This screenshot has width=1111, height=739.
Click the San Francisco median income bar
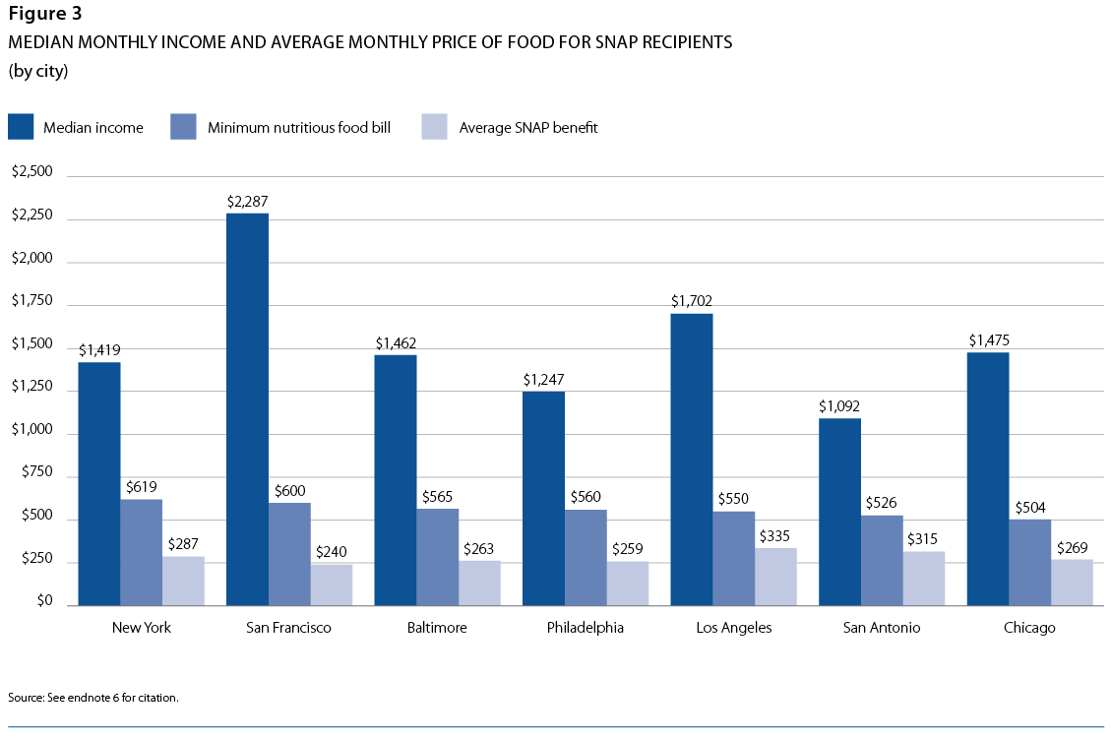[x=247, y=408]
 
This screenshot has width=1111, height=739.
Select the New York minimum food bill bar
[x=142, y=552]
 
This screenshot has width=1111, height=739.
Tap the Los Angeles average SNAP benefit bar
[x=775, y=577]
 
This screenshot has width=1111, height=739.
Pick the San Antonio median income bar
[x=839, y=512]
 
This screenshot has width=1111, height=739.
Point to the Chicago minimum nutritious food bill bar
[x=1030, y=562]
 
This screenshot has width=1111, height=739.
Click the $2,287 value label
[x=247, y=202]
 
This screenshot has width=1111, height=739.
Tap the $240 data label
[x=332, y=552]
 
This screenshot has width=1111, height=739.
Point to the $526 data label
[x=882, y=504]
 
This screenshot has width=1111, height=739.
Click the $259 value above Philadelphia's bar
[x=628, y=549]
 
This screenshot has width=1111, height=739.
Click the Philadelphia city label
[x=586, y=628]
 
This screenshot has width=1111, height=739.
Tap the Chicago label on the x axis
[x=1029, y=628]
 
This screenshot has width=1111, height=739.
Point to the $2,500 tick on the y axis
[x=31, y=171]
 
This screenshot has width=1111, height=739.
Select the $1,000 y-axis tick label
[x=31, y=433]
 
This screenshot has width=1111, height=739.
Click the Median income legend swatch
[x=21, y=127]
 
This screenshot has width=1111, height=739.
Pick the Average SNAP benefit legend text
[x=528, y=127]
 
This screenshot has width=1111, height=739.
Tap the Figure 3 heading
[x=45, y=14]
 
